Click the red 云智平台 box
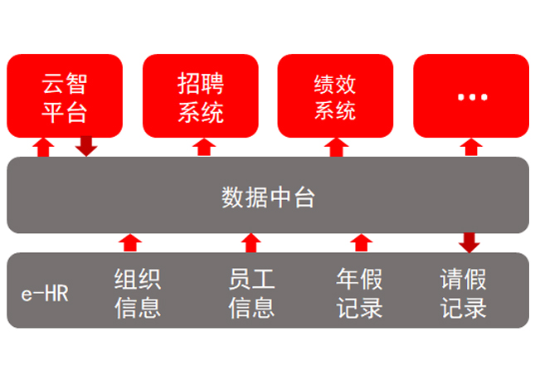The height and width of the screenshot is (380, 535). pyautogui.click(x=65, y=95)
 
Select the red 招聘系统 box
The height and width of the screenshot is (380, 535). pyautogui.click(x=201, y=95)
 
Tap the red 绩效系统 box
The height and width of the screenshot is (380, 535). pyautogui.click(x=336, y=95)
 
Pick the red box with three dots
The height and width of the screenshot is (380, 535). pyautogui.click(x=471, y=95)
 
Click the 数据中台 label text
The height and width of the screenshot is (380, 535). pyautogui.click(x=268, y=197)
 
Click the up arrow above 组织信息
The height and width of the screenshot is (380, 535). pyautogui.click(x=130, y=242)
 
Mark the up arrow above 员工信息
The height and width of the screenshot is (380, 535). pyautogui.click(x=251, y=242)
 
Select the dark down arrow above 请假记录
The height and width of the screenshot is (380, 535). pyautogui.click(x=469, y=242)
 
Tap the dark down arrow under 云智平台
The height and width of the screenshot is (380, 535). pyautogui.click(x=86, y=146)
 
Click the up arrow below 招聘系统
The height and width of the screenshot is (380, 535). pyautogui.click(x=203, y=148)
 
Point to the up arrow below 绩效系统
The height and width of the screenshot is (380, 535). pyautogui.click(x=336, y=148)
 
